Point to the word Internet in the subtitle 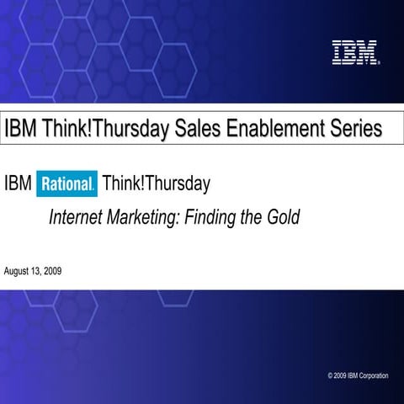77,217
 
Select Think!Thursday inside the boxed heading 103,129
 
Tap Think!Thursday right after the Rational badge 156,182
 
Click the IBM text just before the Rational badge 19,182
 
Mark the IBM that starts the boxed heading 20,129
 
